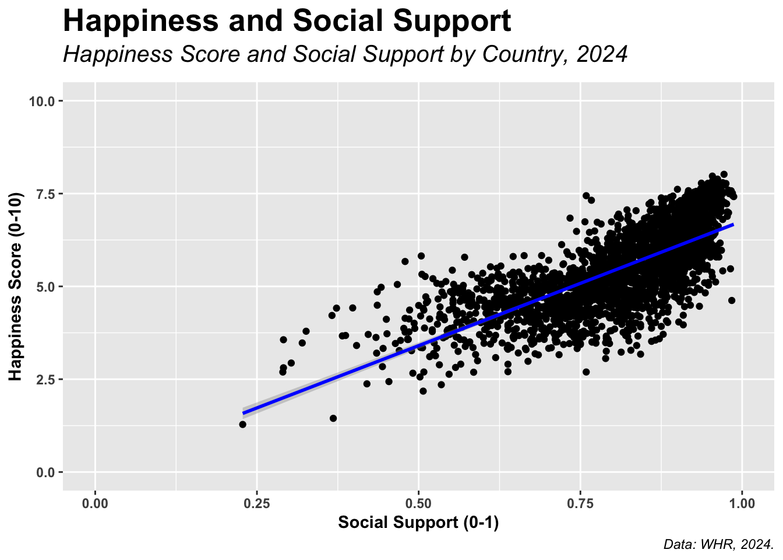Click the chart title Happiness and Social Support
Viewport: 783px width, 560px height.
pyautogui.click(x=287, y=22)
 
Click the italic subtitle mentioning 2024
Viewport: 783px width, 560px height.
pyautogui.click(x=345, y=54)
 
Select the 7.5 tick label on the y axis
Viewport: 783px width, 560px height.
pyautogui.click(x=45, y=194)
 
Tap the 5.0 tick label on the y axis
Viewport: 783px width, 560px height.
pyautogui.click(x=45, y=286)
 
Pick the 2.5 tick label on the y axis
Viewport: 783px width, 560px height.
pyautogui.click(x=45, y=379)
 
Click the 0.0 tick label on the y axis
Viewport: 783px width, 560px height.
pyautogui.click(x=45, y=472)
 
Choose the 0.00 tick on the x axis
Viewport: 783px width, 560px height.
pyautogui.click(x=95, y=502)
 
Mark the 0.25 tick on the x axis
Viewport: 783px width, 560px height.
pyautogui.click(x=256, y=502)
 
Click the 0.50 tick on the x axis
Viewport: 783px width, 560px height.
pyautogui.click(x=418, y=502)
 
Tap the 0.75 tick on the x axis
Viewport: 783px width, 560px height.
pyautogui.click(x=580, y=502)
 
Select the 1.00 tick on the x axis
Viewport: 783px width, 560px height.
pyautogui.click(x=741, y=502)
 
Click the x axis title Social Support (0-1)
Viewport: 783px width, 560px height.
pyautogui.click(x=418, y=523)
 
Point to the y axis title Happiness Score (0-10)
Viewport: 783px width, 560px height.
pyautogui.click(x=16, y=286)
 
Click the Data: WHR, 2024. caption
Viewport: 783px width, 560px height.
pyautogui.click(x=718, y=545)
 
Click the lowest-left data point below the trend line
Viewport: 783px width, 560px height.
pyautogui.click(x=242, y=424)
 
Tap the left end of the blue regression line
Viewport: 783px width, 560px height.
pyautogui.click(x=244, y=413)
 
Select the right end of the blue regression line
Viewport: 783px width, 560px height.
pyautogui.click(x=732, y=225)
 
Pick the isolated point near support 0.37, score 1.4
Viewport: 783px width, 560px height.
pyautogui.click(x=333, y=418)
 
